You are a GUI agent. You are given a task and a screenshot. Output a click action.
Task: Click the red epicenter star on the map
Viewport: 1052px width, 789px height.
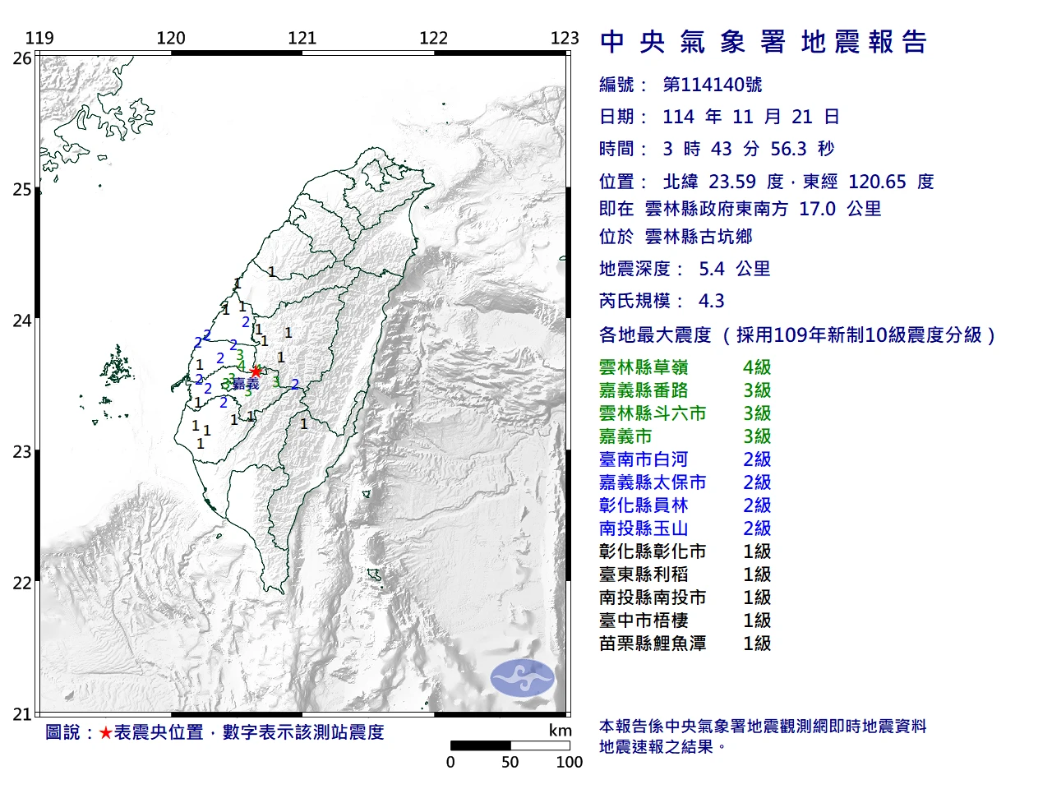[x=256, y=371]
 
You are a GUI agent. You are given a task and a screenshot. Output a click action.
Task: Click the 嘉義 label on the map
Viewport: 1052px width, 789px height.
[x=246, y=384]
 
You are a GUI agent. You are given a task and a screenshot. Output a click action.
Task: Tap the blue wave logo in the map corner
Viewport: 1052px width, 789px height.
[x=523, y=678]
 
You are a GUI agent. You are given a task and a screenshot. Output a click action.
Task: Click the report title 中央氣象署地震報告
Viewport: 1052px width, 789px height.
[x=764, y=42]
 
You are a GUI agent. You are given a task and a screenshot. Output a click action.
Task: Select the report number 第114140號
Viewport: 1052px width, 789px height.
[x=712, y=85]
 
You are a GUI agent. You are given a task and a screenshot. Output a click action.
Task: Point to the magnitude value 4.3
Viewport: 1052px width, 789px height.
[x=711, y=301]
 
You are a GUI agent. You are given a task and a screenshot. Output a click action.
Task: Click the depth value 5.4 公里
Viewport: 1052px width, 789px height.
[x=734, y=269]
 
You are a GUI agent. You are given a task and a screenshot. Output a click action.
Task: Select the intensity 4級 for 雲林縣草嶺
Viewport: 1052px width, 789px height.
[x=757, y=367]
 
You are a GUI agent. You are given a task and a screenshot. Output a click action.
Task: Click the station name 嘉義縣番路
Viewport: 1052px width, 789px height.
[x=644, y=390]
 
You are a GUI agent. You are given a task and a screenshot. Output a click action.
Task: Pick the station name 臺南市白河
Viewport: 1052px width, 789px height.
[x=644, y=459]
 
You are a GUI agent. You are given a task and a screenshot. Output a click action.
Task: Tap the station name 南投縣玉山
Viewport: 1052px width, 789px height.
[x=644, y=528]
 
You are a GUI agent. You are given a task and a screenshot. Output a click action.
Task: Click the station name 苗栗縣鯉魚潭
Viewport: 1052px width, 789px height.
[x=653, y=644]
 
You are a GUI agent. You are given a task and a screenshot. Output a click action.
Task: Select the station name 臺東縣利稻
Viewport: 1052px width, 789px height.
[x=644, y=574]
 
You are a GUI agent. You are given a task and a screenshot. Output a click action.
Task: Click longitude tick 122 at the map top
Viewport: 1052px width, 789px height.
[x=433, y=38]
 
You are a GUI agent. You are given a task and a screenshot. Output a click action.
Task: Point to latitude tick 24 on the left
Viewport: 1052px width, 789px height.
[x=22, y=321]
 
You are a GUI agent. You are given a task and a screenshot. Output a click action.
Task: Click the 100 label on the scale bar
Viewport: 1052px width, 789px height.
[x=569, y=762]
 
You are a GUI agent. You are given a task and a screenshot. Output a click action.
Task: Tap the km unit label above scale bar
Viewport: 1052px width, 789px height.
[x=560, y=731]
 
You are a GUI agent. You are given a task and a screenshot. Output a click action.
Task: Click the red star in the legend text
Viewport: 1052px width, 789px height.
[x=105, y=732]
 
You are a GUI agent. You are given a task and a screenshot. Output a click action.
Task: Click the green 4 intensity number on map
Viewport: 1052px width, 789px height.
[x=241, y=367]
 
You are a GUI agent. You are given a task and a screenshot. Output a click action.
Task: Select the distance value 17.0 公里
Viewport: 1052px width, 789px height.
[x=839, y=209]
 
